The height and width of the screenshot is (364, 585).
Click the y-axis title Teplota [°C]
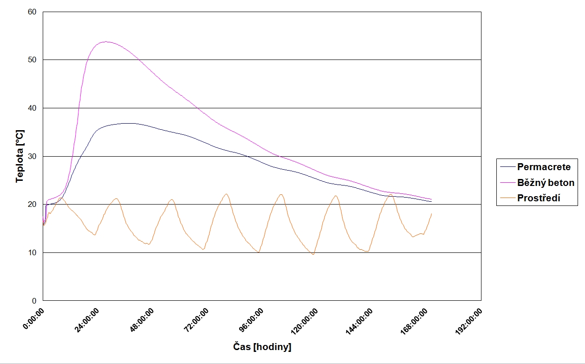tap(19, 156)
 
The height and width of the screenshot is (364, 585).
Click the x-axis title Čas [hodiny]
tap(262, 347)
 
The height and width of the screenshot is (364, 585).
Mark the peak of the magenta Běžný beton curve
tap(106, 42)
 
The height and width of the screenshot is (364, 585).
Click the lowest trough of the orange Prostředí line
tap(313, 254)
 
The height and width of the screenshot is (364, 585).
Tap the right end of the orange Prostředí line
tap(432, 213)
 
